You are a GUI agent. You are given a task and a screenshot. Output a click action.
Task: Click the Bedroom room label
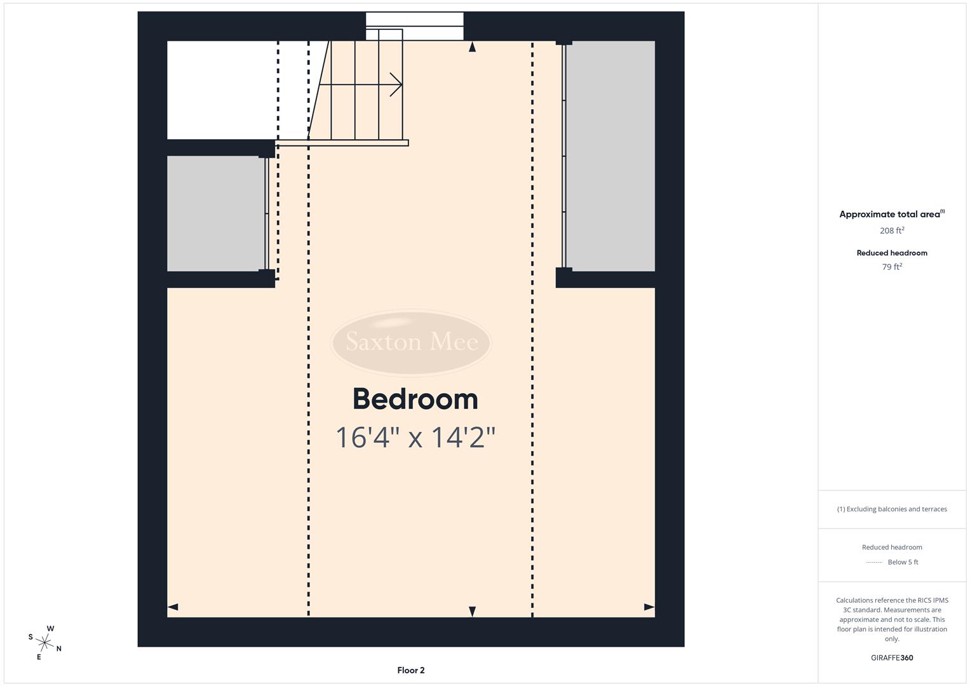(415, 400)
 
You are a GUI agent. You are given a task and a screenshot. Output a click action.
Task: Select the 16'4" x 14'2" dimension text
(415, 438)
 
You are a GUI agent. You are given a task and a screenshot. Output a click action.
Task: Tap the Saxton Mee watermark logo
(411, 342)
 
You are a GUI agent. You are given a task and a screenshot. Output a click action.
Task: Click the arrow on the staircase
(394, 84)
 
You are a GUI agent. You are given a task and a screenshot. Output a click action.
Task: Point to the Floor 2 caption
(411, 670)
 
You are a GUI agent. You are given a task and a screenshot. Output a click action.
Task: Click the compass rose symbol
(44, 642)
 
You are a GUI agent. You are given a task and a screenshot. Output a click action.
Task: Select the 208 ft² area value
(892, 231)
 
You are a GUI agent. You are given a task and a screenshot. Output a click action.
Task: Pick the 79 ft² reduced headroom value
(892, 267)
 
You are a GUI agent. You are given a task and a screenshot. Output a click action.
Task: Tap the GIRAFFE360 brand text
(892, 658)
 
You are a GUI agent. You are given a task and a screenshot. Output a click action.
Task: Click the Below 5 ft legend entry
(903, 562)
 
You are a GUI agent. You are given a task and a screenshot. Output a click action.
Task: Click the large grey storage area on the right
(610, 156)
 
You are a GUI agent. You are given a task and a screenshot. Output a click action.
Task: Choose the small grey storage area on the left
(215, 213)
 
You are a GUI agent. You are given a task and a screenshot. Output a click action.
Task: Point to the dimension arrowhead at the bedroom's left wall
(173, 607)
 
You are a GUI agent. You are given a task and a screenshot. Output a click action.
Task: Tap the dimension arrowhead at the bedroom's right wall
(649, 607)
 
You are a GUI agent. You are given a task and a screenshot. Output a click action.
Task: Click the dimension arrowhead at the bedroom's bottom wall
(472, 611)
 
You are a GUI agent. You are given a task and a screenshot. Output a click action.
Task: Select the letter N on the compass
(59, 649)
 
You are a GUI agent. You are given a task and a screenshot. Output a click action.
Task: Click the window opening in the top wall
(414, 26)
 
